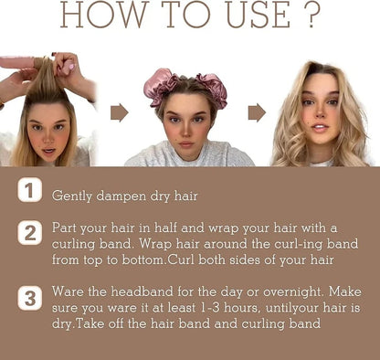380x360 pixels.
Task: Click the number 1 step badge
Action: [28, 192]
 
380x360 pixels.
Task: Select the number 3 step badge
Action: [28, 299]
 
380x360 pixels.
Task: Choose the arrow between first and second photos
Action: [120, 112]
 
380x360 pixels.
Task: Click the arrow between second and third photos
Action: [257, 112]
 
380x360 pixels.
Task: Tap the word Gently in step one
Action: [73, 195]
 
